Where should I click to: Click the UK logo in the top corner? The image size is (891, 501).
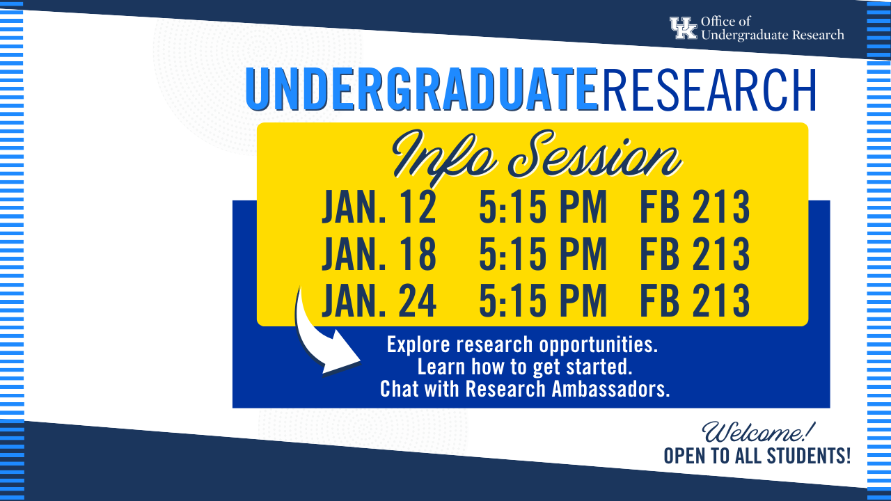(684, 28)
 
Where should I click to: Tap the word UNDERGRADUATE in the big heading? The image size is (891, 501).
(422, 90)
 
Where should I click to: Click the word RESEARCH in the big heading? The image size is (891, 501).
(709, 90)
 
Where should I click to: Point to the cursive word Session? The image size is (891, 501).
(594, 156)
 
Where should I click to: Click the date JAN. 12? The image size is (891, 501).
(379, 207)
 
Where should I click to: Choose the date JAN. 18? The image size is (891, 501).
(379, 254)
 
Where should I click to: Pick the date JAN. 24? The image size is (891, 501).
(379, 300)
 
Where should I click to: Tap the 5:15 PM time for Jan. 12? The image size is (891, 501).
(543, 207)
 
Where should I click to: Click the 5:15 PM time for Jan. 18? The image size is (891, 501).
(543, 254)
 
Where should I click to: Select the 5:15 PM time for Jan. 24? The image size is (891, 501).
(543, 300)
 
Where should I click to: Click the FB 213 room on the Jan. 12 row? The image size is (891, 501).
(695, 207)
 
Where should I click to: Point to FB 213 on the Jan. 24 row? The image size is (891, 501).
(695, 300)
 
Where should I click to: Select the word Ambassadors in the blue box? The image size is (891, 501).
(611, 388)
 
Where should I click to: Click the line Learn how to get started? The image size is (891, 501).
(525, 367)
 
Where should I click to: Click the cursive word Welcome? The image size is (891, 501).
(759, 432)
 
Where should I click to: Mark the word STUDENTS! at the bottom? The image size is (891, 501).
(809, 456)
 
